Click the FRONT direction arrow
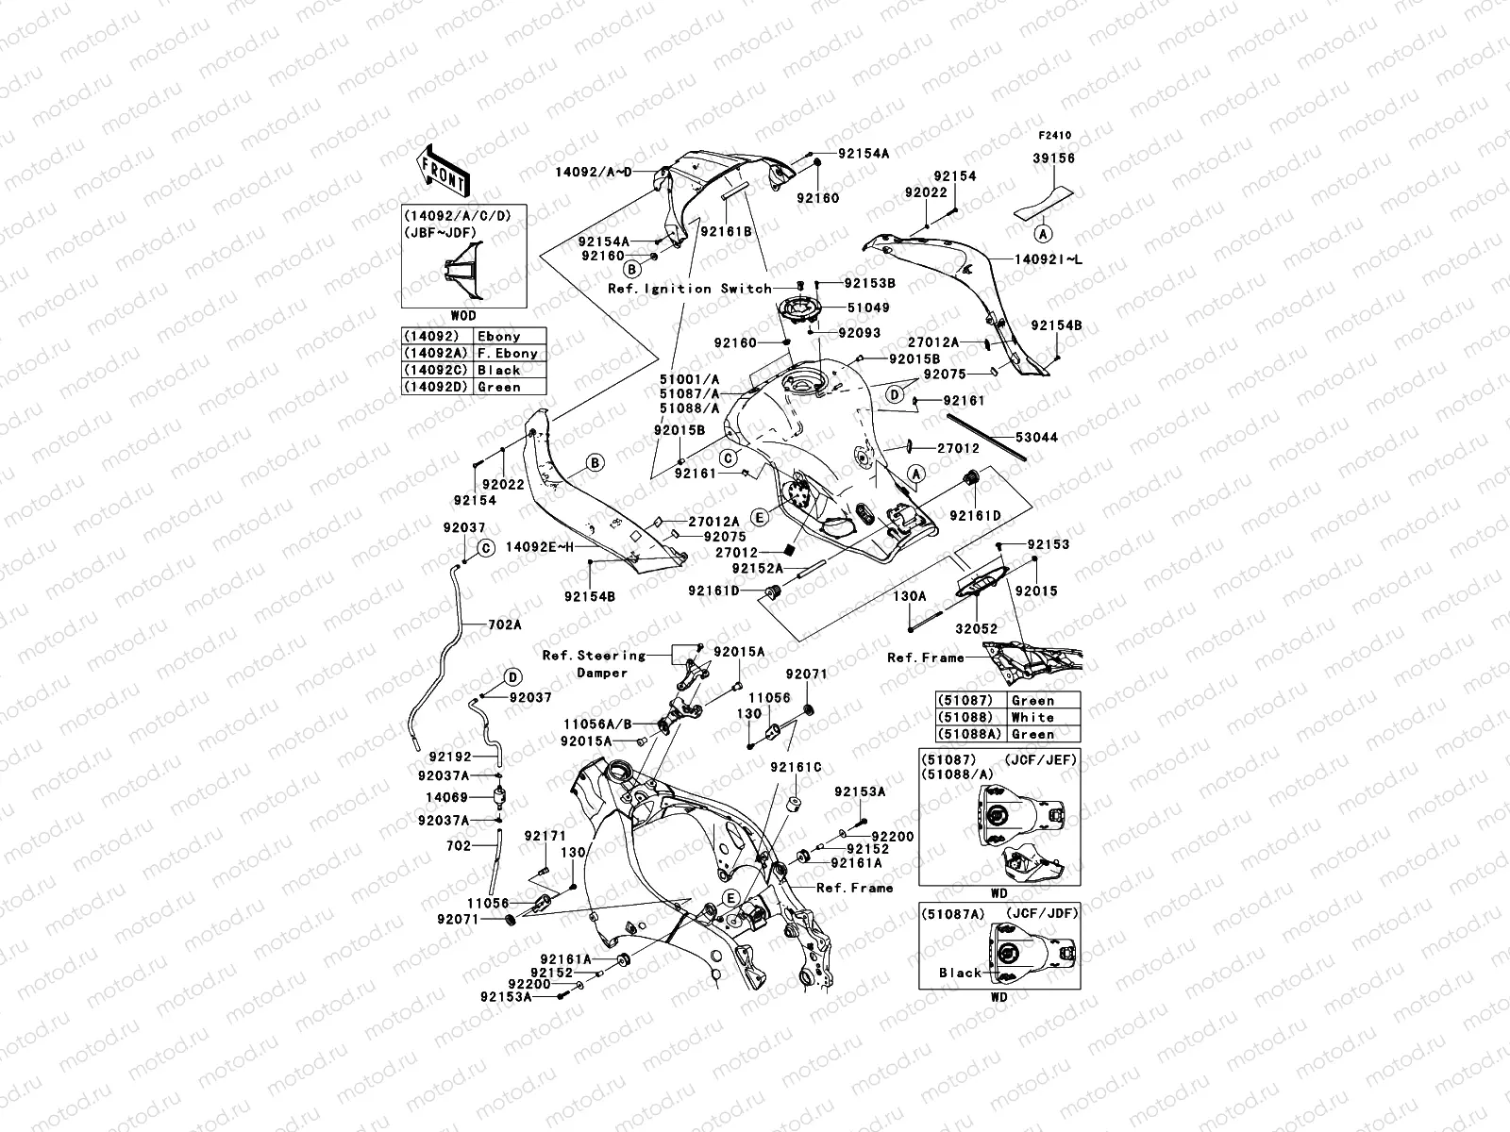coord(443,171)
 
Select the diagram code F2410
coord(1054,136)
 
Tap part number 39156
coord(1053,158)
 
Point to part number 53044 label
coord(1036,437)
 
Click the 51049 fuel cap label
coord(868,308)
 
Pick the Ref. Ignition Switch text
coord(689,289)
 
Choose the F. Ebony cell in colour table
coord(508,353)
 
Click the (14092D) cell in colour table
coord(435,387)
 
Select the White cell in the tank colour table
coord(1032,717)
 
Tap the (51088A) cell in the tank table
coord(969,734)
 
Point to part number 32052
coord(976,629)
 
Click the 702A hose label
coord(504,624)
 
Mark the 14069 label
coord(446,797)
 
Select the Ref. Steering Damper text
coord(595,664)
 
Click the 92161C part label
coord(796,767)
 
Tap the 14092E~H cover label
coord(539,547)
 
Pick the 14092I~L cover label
coord(1049,259)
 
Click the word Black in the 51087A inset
coord(961,973)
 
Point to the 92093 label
coord(859,333)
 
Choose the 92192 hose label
coord(450,757)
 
